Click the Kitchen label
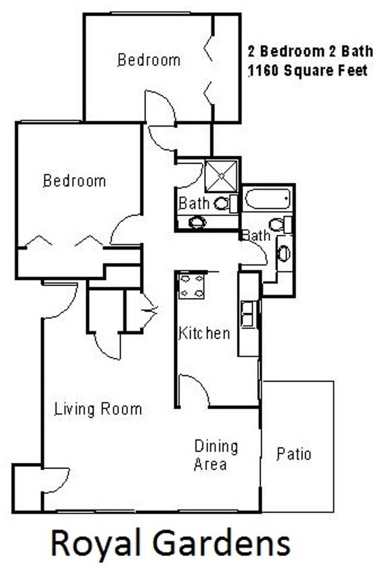pyautogui.click(x=205, y=333)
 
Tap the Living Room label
pyautogui.click(x=98, y=409)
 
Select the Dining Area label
pyautogui.click(x=216, y=455)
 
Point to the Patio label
pyautogui.click(x=294, y=454)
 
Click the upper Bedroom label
pyautogui.click(x=149, y=60)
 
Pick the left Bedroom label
pyautogui.click(x=74, y=181)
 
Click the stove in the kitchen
pyautogui.click(x=192, y=285)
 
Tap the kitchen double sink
pyautogui.click(x=248, y=314)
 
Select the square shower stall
pyautogui.click(x=221, y=175)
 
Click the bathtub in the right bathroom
pyautogui.click(x=267, y=199)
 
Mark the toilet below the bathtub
pyautogui.click(x=278, y=224)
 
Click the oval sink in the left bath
pyautogui.click(x=197, y=222)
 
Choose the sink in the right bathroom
pyautogui.click(x=284, y=253)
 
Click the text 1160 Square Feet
pyautogui.click(x=308, y=70)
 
